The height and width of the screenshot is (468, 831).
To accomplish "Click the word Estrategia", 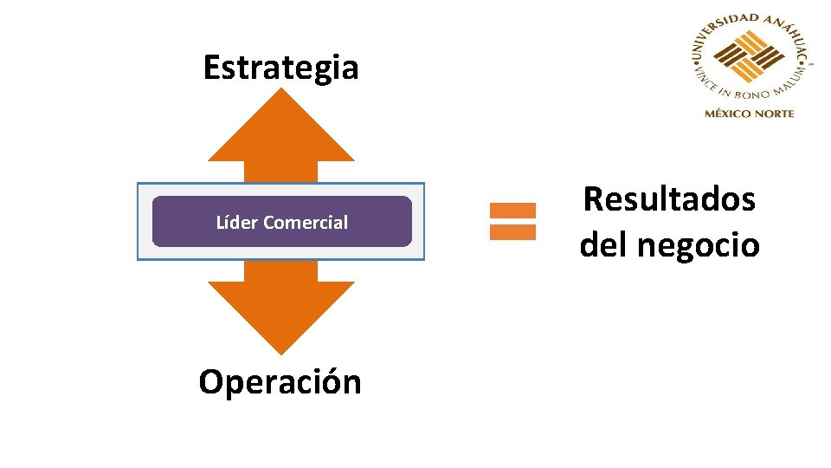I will coord(280,68).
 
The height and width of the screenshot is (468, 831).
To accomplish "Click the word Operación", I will coord(280,382).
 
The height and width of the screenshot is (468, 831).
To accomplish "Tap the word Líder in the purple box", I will coord(237,223).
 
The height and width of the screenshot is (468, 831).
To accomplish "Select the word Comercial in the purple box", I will coord(306,223).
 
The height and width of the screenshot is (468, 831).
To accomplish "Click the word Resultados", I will coord(669,200).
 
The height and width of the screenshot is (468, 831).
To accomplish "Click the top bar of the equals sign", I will coord(512,210).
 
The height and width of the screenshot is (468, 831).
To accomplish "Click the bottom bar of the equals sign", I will coord(512,232).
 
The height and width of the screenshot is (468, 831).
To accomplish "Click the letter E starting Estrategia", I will coord(211,68).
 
